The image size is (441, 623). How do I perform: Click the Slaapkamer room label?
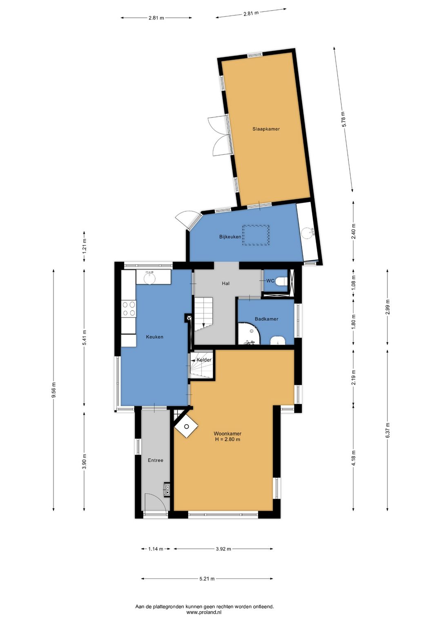click(x=266, y=129)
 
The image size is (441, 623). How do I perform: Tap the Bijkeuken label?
click(x=230, y=237)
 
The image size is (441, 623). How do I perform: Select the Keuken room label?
click(x=155, y=337)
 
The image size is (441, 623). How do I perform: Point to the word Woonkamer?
click(x=227, y=434)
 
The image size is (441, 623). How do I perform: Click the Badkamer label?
click(x=266, y=319)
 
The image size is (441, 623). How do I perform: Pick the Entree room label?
click(x=156, y=460)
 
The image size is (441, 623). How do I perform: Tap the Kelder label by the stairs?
click(x=204, y=360)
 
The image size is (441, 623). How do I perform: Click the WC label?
click(x=270, y=281)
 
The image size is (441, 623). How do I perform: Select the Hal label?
click(x=226, y=284)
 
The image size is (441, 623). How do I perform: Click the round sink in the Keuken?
click(x=150, y=278)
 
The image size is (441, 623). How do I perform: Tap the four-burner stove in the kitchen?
click(x=129, y=309)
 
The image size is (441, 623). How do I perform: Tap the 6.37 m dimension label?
click(x=388, y=430)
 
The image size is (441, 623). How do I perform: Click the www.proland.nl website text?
click(x=204, y=612)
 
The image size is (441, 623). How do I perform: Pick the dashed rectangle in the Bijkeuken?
click(x=256, y=235)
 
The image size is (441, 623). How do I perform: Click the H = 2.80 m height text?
click(x=227, y=439)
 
